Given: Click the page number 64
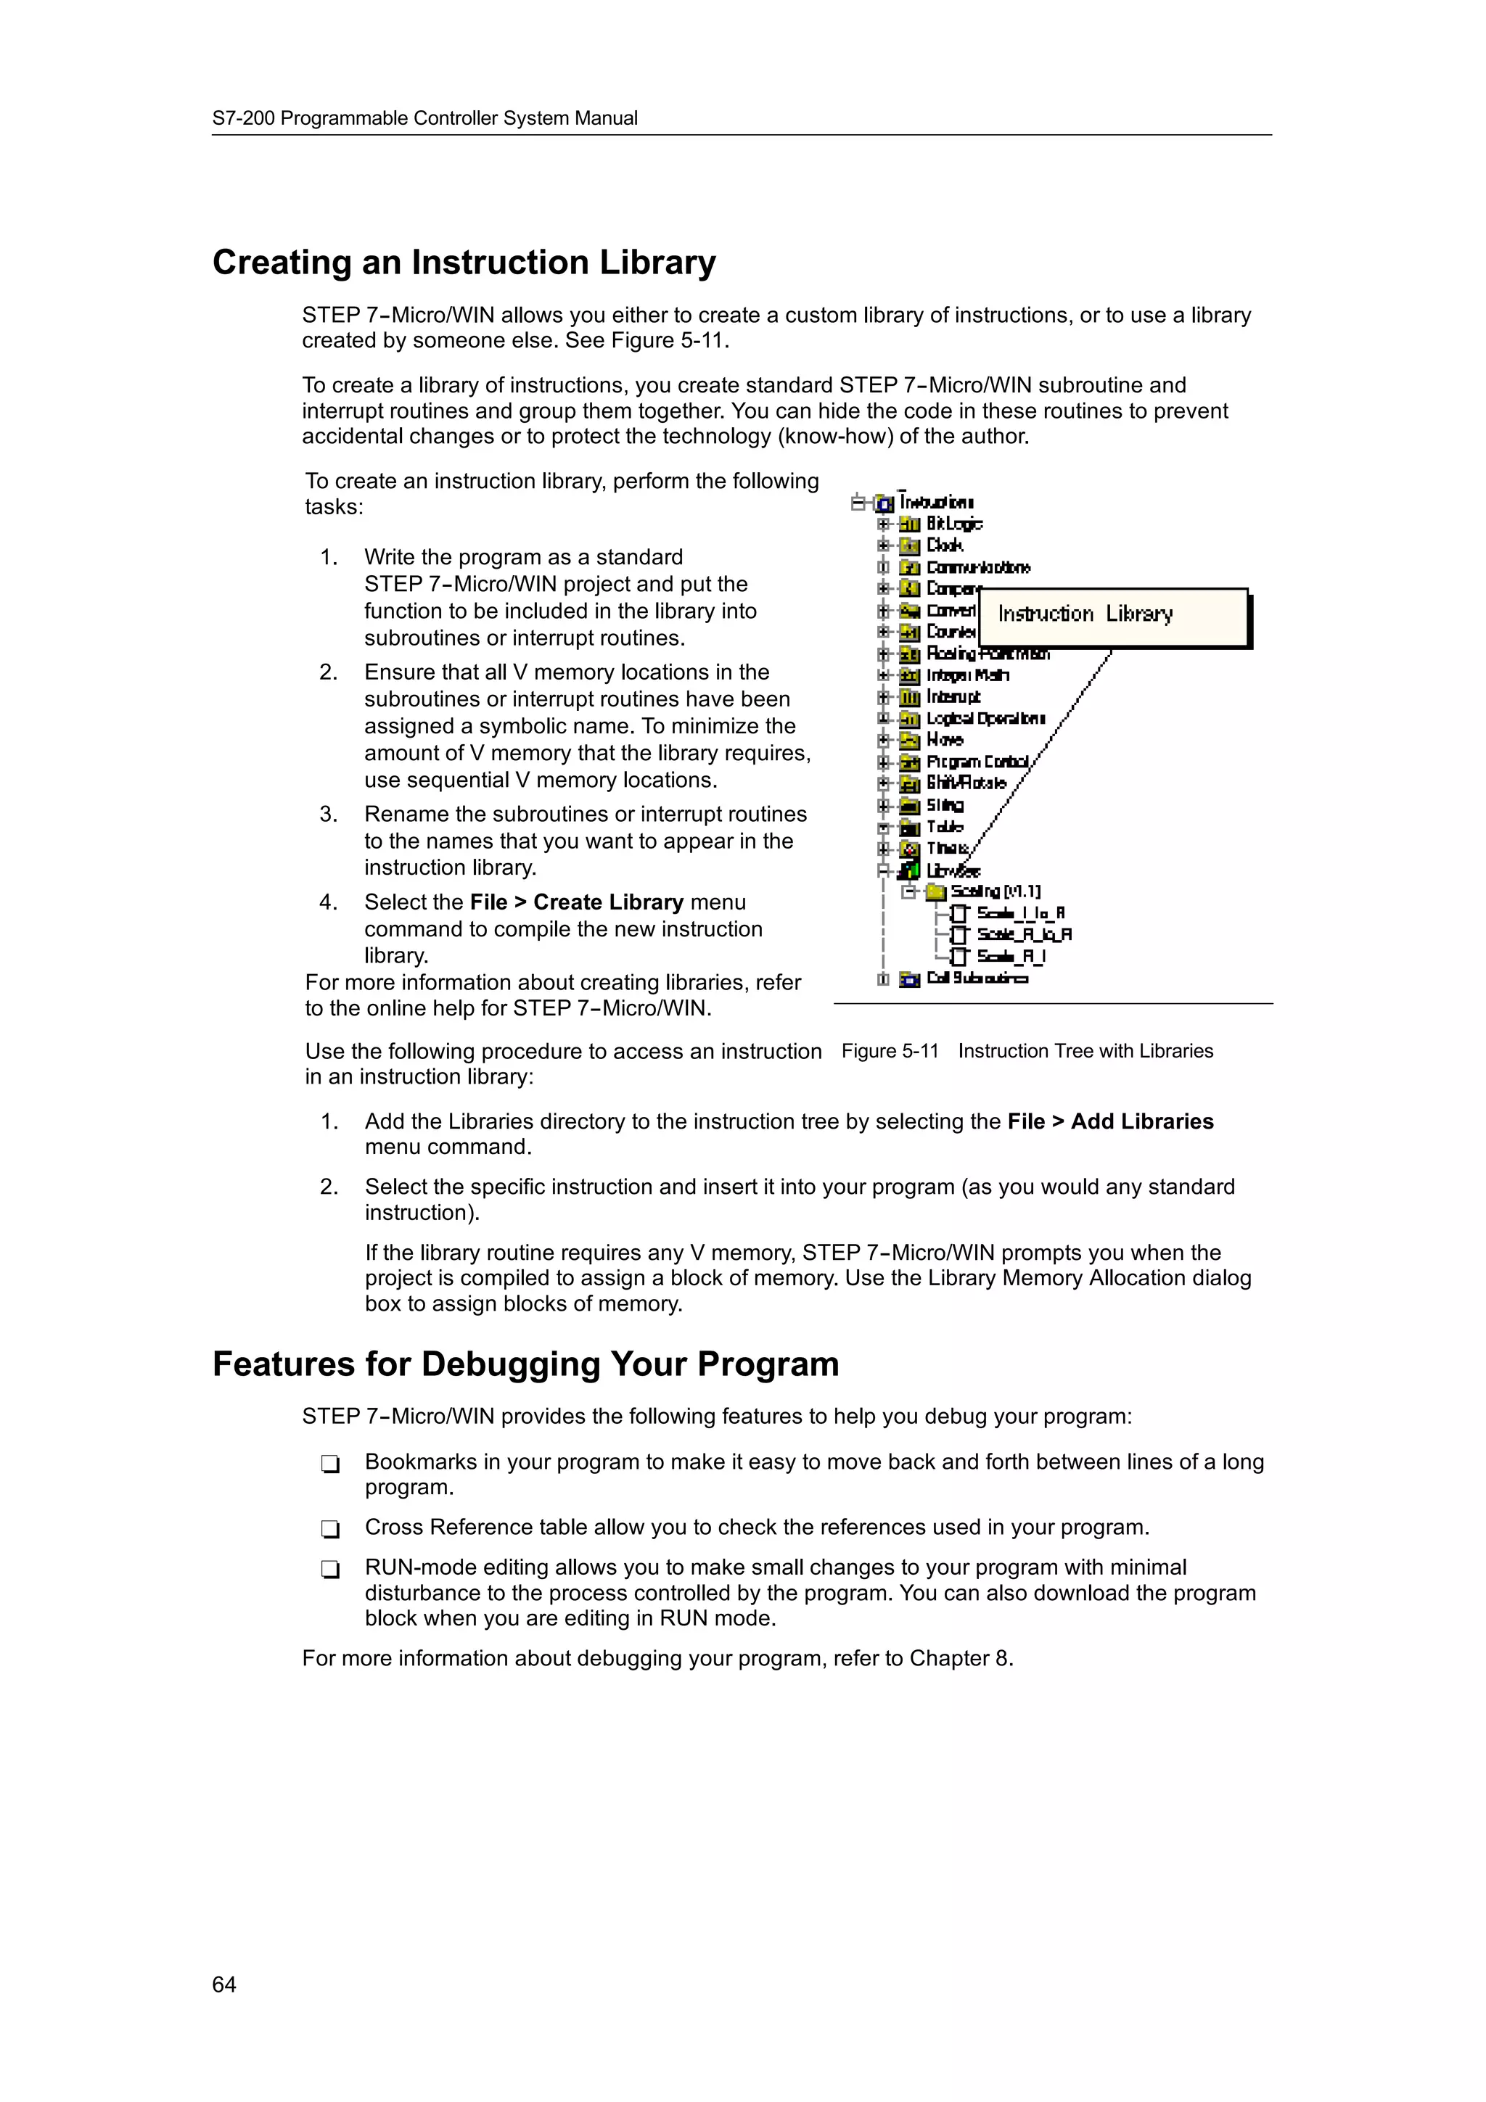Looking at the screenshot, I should click(223, 1984).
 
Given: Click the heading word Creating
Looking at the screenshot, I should click(281, 263).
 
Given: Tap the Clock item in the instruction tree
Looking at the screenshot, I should click(944, 545).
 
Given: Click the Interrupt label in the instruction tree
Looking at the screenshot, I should click(953, 697).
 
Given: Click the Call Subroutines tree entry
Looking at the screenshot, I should click(977, 978).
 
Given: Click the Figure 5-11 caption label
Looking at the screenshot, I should click(890, 1051).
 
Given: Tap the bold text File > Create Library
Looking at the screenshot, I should click(576, 903).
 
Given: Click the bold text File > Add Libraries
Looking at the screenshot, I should click(1109, 1121).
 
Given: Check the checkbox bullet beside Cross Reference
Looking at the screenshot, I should click(331, 1529).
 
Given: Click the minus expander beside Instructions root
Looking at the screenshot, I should click(858, 502).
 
